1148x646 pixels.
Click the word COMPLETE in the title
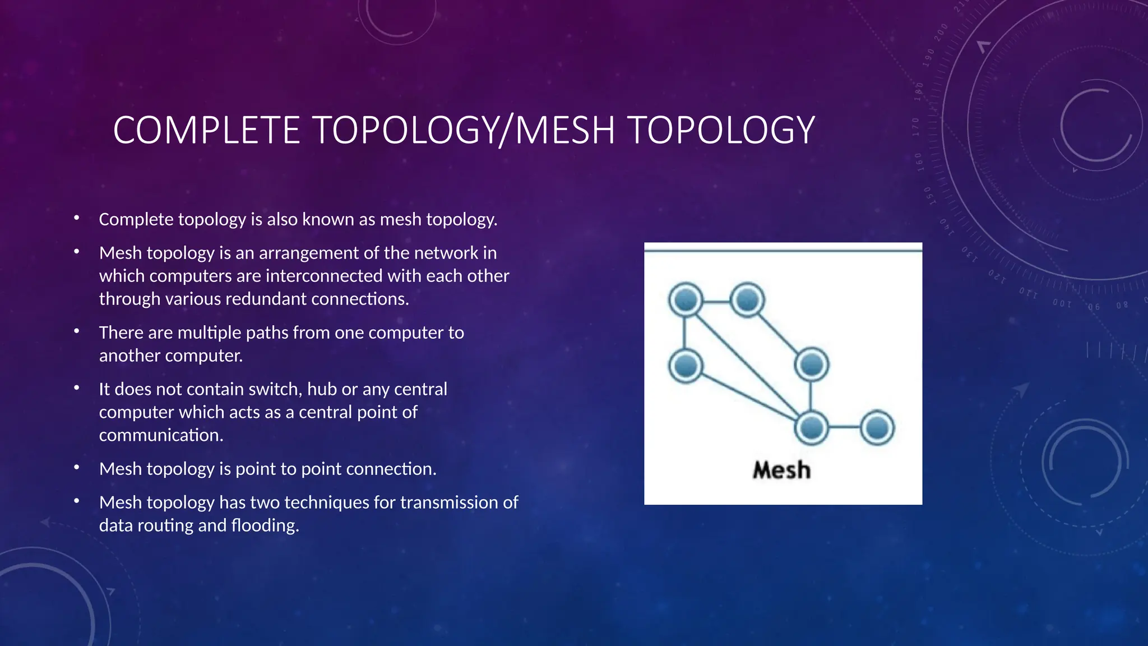point(206,130)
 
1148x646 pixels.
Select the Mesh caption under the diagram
point(781,470)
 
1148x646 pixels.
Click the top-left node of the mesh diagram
point(686,300)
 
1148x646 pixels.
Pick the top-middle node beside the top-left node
point(748,300)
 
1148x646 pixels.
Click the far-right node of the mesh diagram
point(877,428)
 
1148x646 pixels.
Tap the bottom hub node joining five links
point(811,428)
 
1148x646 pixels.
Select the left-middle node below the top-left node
point(686,366)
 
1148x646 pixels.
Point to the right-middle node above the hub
point(811,365)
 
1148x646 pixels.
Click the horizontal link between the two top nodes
point(716,302)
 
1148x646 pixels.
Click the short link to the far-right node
point(844,428)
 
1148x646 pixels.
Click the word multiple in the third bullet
point(210,333)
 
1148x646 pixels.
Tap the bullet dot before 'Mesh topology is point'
point(77,467)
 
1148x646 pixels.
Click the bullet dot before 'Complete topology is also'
point(77,218)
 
